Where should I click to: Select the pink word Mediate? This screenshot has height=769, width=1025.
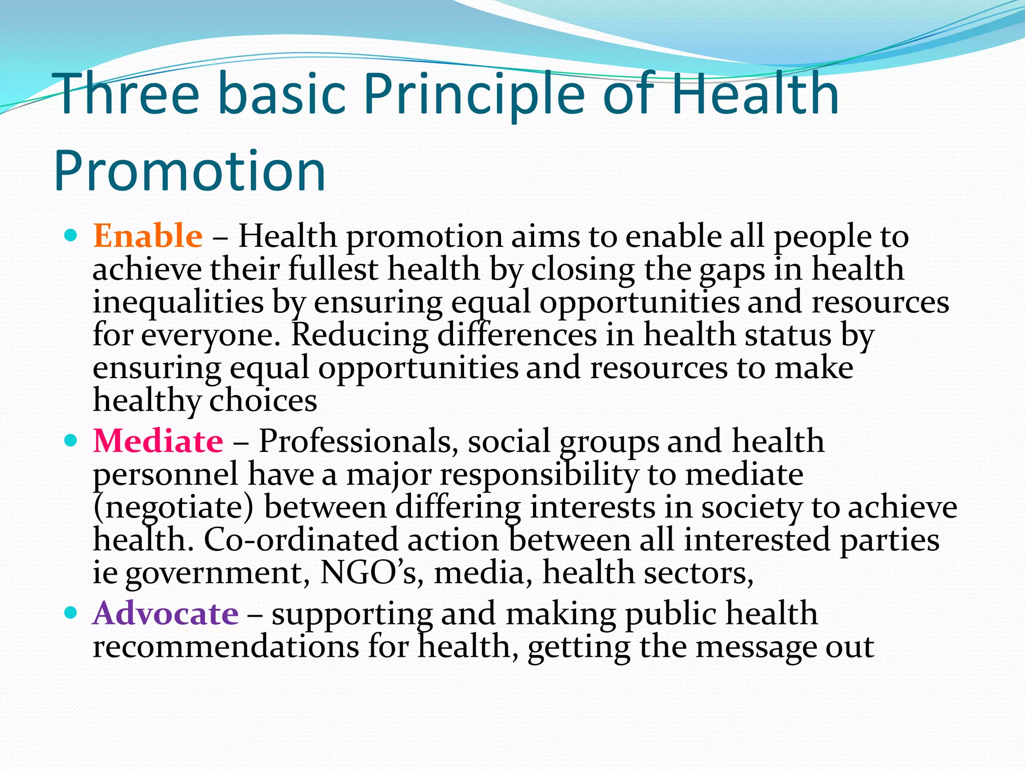click(x=158, y=441)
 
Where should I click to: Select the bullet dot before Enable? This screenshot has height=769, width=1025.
click(x=71, y=235)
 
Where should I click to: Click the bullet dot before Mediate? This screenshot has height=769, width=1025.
click(x=71, y=441)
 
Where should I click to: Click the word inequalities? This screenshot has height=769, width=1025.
click(x=178, y=302)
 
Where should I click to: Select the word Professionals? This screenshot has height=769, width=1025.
click(x=358, y=441)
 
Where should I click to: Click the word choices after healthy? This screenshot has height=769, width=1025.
click(x=263, y=401)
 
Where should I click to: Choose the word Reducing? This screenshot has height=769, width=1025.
click(x=360, y=335)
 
